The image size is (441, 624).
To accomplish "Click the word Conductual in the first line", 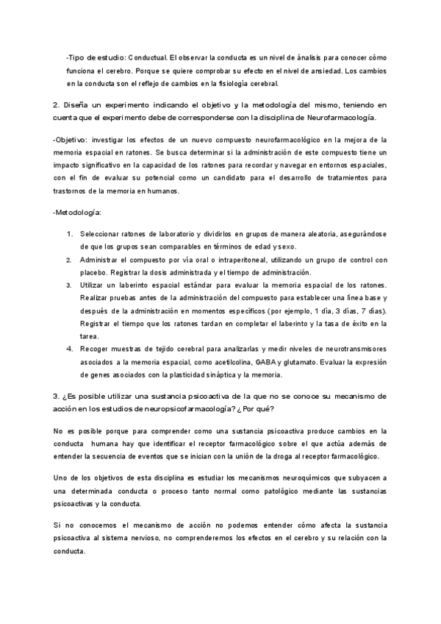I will tap(149, 57).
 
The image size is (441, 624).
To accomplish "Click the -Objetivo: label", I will tap(72, 139).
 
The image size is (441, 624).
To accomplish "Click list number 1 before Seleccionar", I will tap(68, 233).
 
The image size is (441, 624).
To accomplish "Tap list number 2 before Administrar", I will tap(68, 260).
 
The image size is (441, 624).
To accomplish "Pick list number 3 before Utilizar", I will tap(68, 285).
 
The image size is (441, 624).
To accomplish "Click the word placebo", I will tap(94, 272).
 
